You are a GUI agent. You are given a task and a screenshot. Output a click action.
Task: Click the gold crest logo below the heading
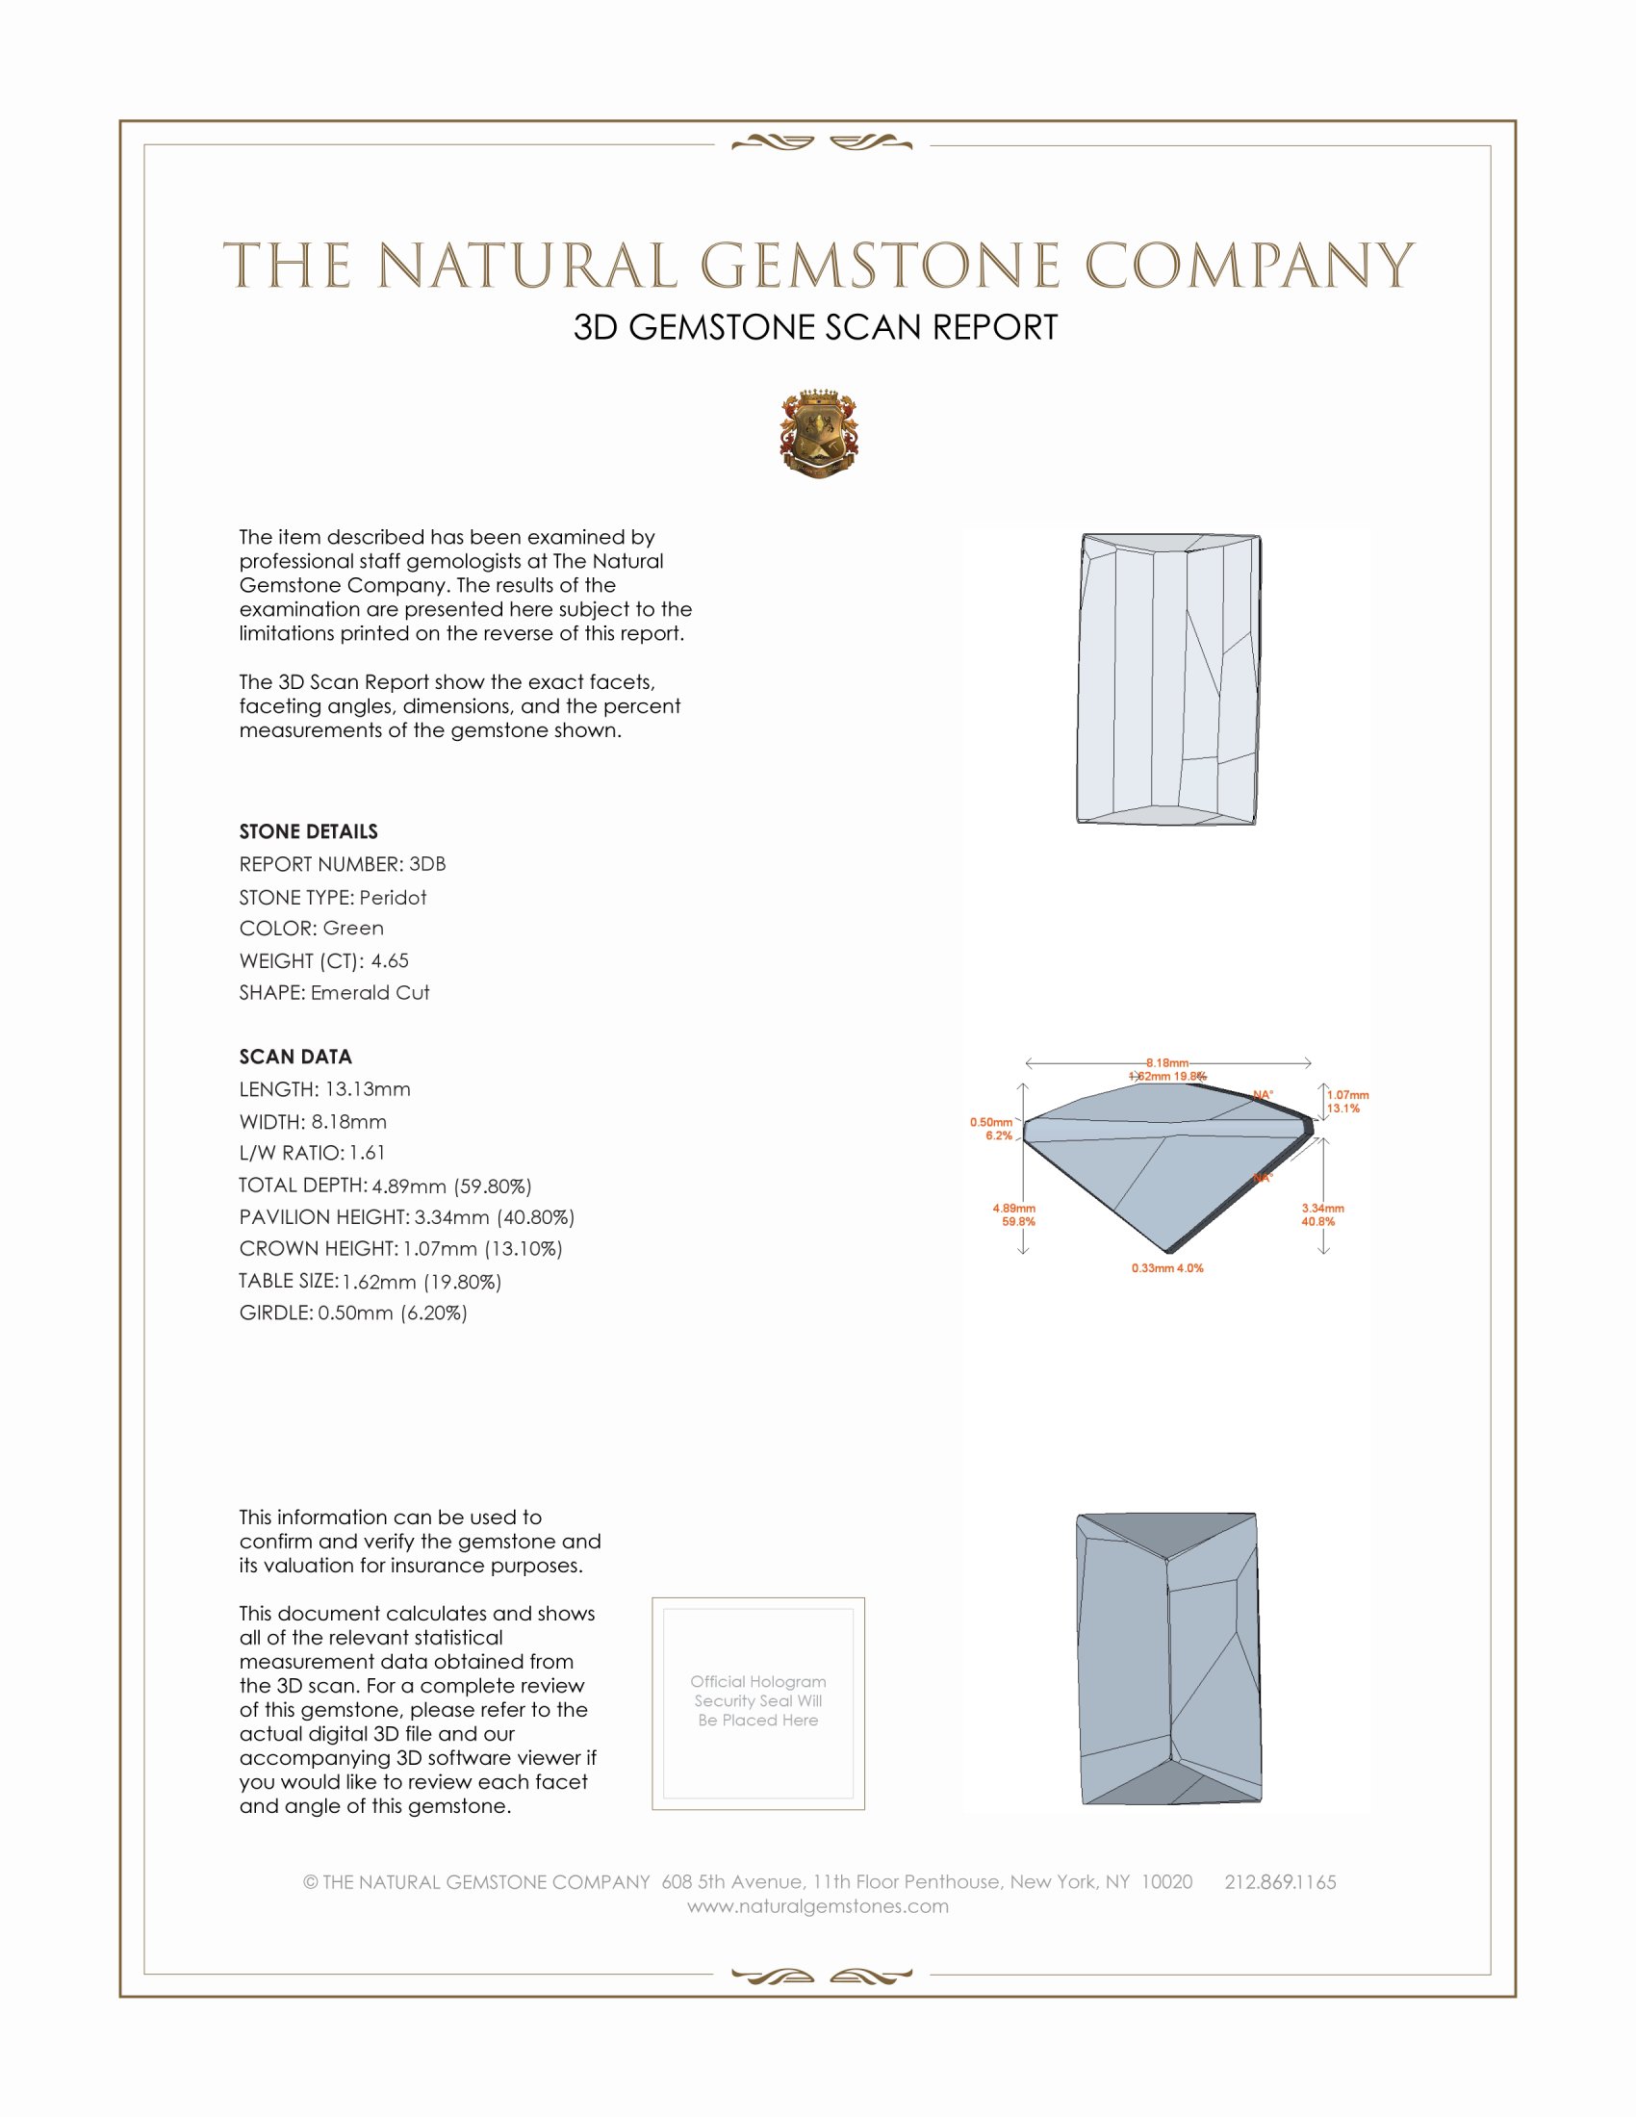point(818,433)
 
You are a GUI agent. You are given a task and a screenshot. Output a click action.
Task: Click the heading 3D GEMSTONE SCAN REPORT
point(815,327)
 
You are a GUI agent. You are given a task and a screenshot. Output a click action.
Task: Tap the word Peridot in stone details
point(393,898)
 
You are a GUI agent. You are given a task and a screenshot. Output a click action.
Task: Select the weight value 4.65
point(390,960)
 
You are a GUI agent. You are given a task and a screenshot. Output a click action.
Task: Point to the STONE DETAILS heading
point(308,831)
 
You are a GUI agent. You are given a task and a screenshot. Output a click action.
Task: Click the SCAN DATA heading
point(295,1057)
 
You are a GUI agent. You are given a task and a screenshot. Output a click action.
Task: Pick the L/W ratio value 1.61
point(368,1153)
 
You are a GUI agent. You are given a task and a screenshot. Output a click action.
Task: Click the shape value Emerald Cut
point(371,993)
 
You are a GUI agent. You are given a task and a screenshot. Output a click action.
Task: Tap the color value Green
point(353,929)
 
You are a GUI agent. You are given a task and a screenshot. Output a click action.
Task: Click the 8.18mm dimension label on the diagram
point(1167,1063)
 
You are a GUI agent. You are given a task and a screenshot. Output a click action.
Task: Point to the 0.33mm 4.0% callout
point(1167,1268)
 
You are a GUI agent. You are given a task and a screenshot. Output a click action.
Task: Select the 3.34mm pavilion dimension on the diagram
point(1322,1209)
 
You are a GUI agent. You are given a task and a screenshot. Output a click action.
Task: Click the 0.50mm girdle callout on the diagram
point(990,1122)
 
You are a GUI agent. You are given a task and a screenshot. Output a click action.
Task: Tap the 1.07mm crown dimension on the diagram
point(1347,1095)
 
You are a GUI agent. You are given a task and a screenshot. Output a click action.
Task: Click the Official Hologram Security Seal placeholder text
point(758,1700)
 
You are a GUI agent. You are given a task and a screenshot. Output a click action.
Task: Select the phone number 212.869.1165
point(1279,1881)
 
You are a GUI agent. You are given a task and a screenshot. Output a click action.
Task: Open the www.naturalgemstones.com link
point(818,1905)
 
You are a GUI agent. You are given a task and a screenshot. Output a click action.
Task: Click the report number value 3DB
point(427,864)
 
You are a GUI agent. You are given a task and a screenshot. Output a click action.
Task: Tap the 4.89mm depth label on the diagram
point(1013,1209)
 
